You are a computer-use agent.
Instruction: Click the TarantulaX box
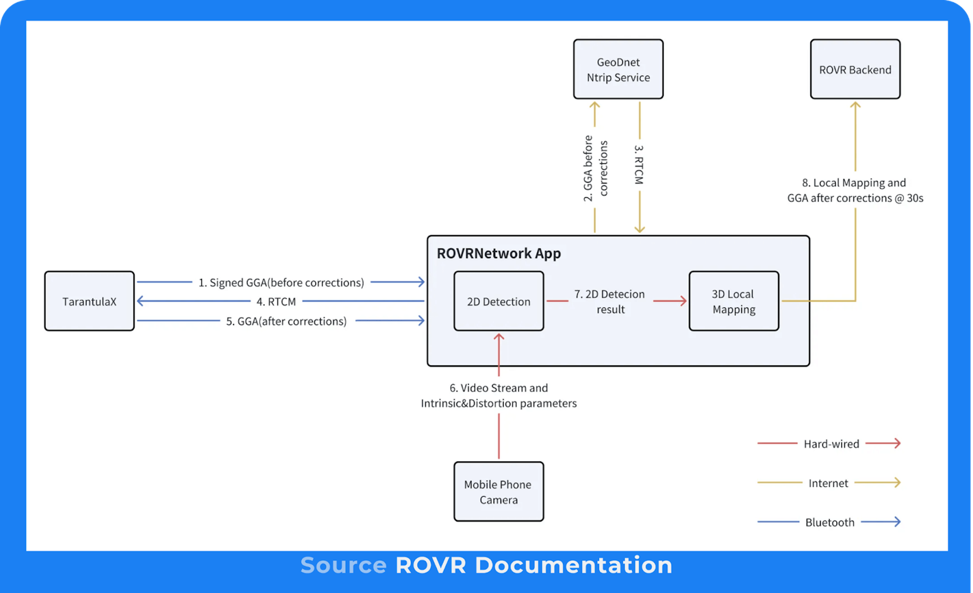click(89, 301)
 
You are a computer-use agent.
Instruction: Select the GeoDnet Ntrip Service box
click(618, 69)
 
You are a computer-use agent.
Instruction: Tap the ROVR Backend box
click(855, 69)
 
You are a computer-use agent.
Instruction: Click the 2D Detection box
click(498, 301)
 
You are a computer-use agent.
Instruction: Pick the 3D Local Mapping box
click(733, 301)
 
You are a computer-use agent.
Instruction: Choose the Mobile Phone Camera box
click(498, 492)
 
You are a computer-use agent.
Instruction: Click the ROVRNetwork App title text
click(498, 253)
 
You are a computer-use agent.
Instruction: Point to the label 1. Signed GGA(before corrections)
click(281, 283)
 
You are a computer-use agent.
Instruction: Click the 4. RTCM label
click(276, 302)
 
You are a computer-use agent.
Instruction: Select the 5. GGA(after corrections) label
click(286, 321)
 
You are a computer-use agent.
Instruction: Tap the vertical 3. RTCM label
click(639, 164)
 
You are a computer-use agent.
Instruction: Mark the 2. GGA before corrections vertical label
click(595, 168)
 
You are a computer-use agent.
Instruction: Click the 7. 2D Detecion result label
click(610, 301)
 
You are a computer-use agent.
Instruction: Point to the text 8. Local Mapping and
click(854, 183)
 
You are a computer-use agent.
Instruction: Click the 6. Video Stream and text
click(498, 388)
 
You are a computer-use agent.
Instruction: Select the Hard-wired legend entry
click(831, 444)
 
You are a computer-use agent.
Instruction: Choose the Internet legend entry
click(828, 483)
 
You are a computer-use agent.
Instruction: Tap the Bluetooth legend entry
click(829, 522)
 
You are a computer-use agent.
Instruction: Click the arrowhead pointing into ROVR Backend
click(855, 105)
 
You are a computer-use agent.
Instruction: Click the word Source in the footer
click(343, 565)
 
